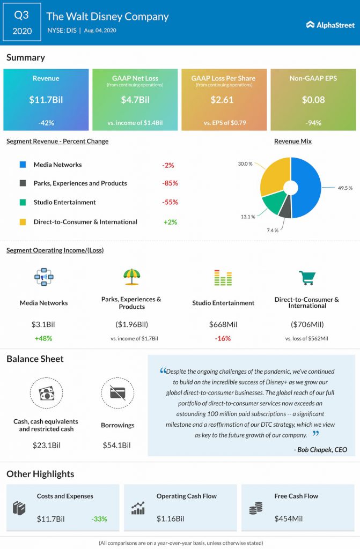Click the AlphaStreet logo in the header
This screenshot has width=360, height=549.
pyautogui.click(x=328, y=24)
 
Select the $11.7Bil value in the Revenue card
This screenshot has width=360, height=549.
pyautogui.click(x=46, y=100)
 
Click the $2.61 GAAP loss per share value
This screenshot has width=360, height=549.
pyautogui.click(x=224, y=100)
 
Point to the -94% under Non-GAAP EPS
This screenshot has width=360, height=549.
pyautogui.click(x=312, y=123)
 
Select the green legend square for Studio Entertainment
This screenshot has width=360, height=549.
pyautogui.click(x=22, y=203)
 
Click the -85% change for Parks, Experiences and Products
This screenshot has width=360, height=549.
pyautogui.click(x=170, y=183)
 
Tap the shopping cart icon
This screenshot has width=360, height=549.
pyautogui.click(x=306, y=278)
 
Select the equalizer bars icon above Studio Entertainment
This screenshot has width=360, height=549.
pyautogui.click(x=223, y=278)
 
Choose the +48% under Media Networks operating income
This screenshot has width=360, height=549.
pyautogui.click(x=43, y=338)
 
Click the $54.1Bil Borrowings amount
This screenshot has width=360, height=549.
pyautogui.click(x=116, y=445)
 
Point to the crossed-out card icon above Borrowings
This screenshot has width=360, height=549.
pyautogui.click(x=117, y=394)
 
